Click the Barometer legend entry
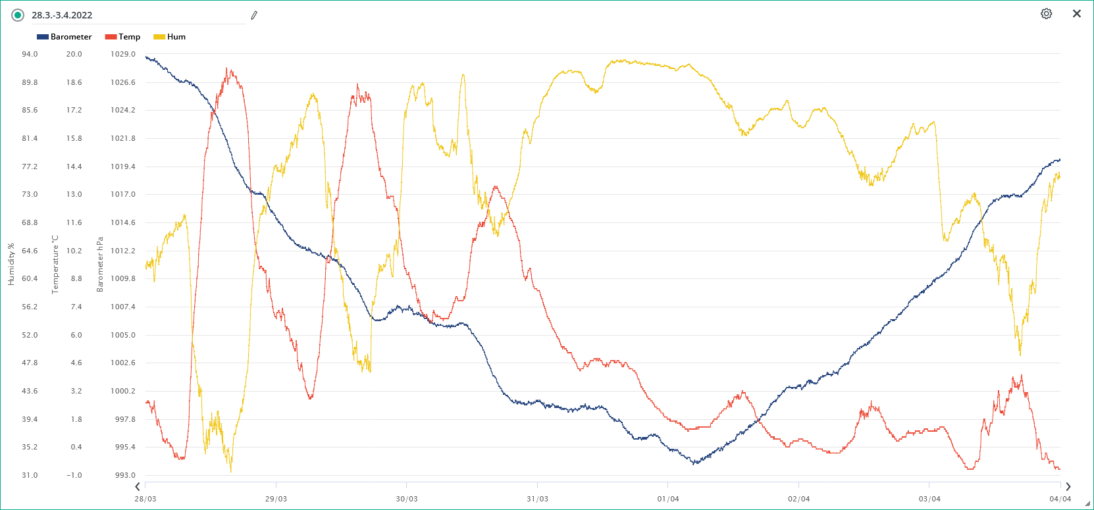pos(65,37)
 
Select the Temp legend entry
pos(123,37)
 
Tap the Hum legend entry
pos(170,37)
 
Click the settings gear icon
pos(1046,14)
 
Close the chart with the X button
pos(1077,14)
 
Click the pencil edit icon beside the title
pos(254,15)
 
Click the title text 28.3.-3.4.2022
pos(62,15)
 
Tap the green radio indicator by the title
pos(18,15)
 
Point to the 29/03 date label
pos(276,499)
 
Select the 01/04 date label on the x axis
pos(668,499)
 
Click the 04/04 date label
pos(1060,499)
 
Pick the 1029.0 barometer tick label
pos(123,54)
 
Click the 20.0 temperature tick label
pos(74,54)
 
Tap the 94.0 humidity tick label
pos(30,54)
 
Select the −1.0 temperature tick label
pos(74,475)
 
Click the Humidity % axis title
pos(11,265)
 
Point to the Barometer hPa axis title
pos(100,265)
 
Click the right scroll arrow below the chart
pos(1068,487)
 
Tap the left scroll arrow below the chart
pos(138,487)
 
